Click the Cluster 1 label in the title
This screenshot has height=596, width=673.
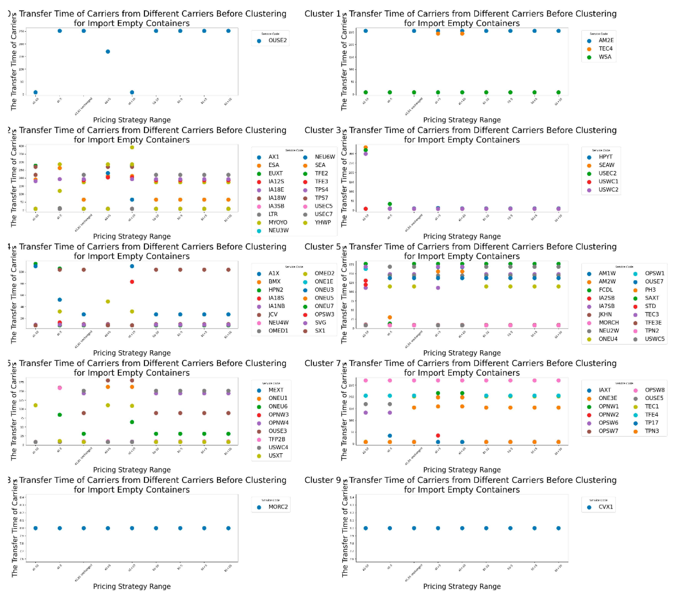point(322,14)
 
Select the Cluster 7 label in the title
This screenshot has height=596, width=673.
point(322,363)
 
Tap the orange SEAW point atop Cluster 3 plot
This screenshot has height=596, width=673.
point(366,147)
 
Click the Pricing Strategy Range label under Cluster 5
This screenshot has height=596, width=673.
point(462,353)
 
